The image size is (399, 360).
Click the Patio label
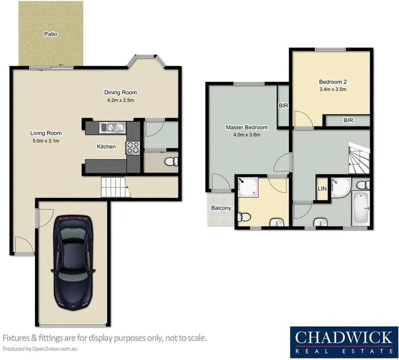(x=50, y=34)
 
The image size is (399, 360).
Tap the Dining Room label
(x=120, y=92)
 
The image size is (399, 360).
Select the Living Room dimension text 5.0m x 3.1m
(x=45, y=141)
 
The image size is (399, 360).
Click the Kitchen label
(x=106, y=147)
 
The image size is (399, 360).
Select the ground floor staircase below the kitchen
(x=114, y=187)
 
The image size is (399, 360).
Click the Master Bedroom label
(x=246, y=127)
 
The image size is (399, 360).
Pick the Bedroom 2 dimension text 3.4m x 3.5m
(x=332, y=90)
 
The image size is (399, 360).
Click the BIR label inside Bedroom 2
(x=348, y=120)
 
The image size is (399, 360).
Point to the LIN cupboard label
(x=322, y=188)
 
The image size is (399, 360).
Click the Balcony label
(x=221, y=208)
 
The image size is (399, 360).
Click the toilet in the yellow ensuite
(x=243, y=217)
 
